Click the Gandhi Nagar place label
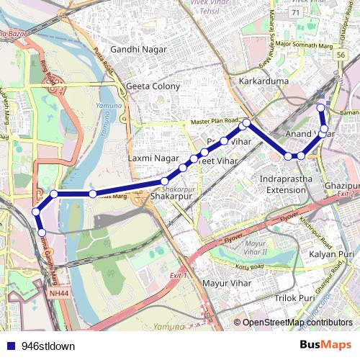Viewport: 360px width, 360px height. coord(138,50)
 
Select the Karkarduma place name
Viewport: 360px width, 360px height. coord(264,81)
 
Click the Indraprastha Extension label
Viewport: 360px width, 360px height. coord(287,183)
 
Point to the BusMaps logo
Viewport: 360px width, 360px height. coord(325,345)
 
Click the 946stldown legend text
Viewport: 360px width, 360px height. coord(48,346)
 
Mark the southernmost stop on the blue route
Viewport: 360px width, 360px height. coord(42,232)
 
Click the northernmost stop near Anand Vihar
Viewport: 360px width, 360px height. coord(321,108)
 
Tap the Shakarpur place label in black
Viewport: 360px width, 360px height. coord(171,195)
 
